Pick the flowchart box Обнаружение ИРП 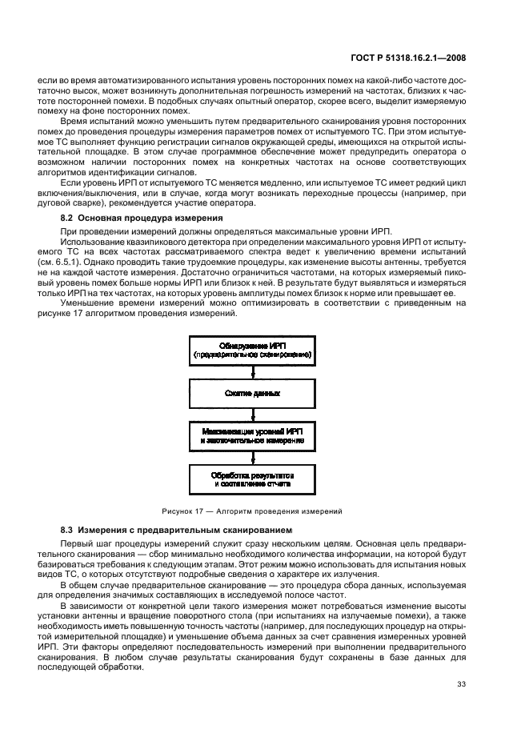coord(253,349)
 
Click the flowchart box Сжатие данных coord(253,395)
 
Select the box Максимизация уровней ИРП coord(253,438)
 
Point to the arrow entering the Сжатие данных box coord(253,372)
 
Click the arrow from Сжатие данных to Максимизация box coord(253,415)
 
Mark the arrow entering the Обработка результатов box coord(253,459)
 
